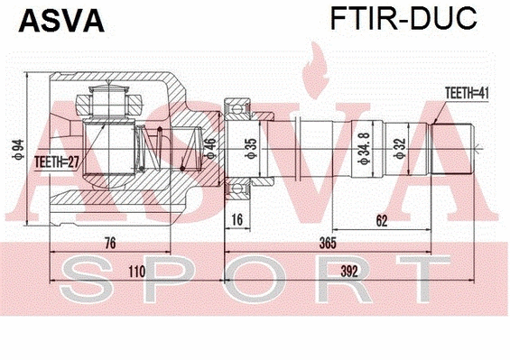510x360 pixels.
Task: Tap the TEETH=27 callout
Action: click(x=55, y=162)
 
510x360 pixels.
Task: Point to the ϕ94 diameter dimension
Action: click(x=16, y=146)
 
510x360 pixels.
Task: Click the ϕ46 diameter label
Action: click(x=209, y=146)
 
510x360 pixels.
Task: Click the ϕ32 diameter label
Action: click(x=401, y=146)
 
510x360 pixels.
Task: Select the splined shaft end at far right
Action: click(x=451, y=146)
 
